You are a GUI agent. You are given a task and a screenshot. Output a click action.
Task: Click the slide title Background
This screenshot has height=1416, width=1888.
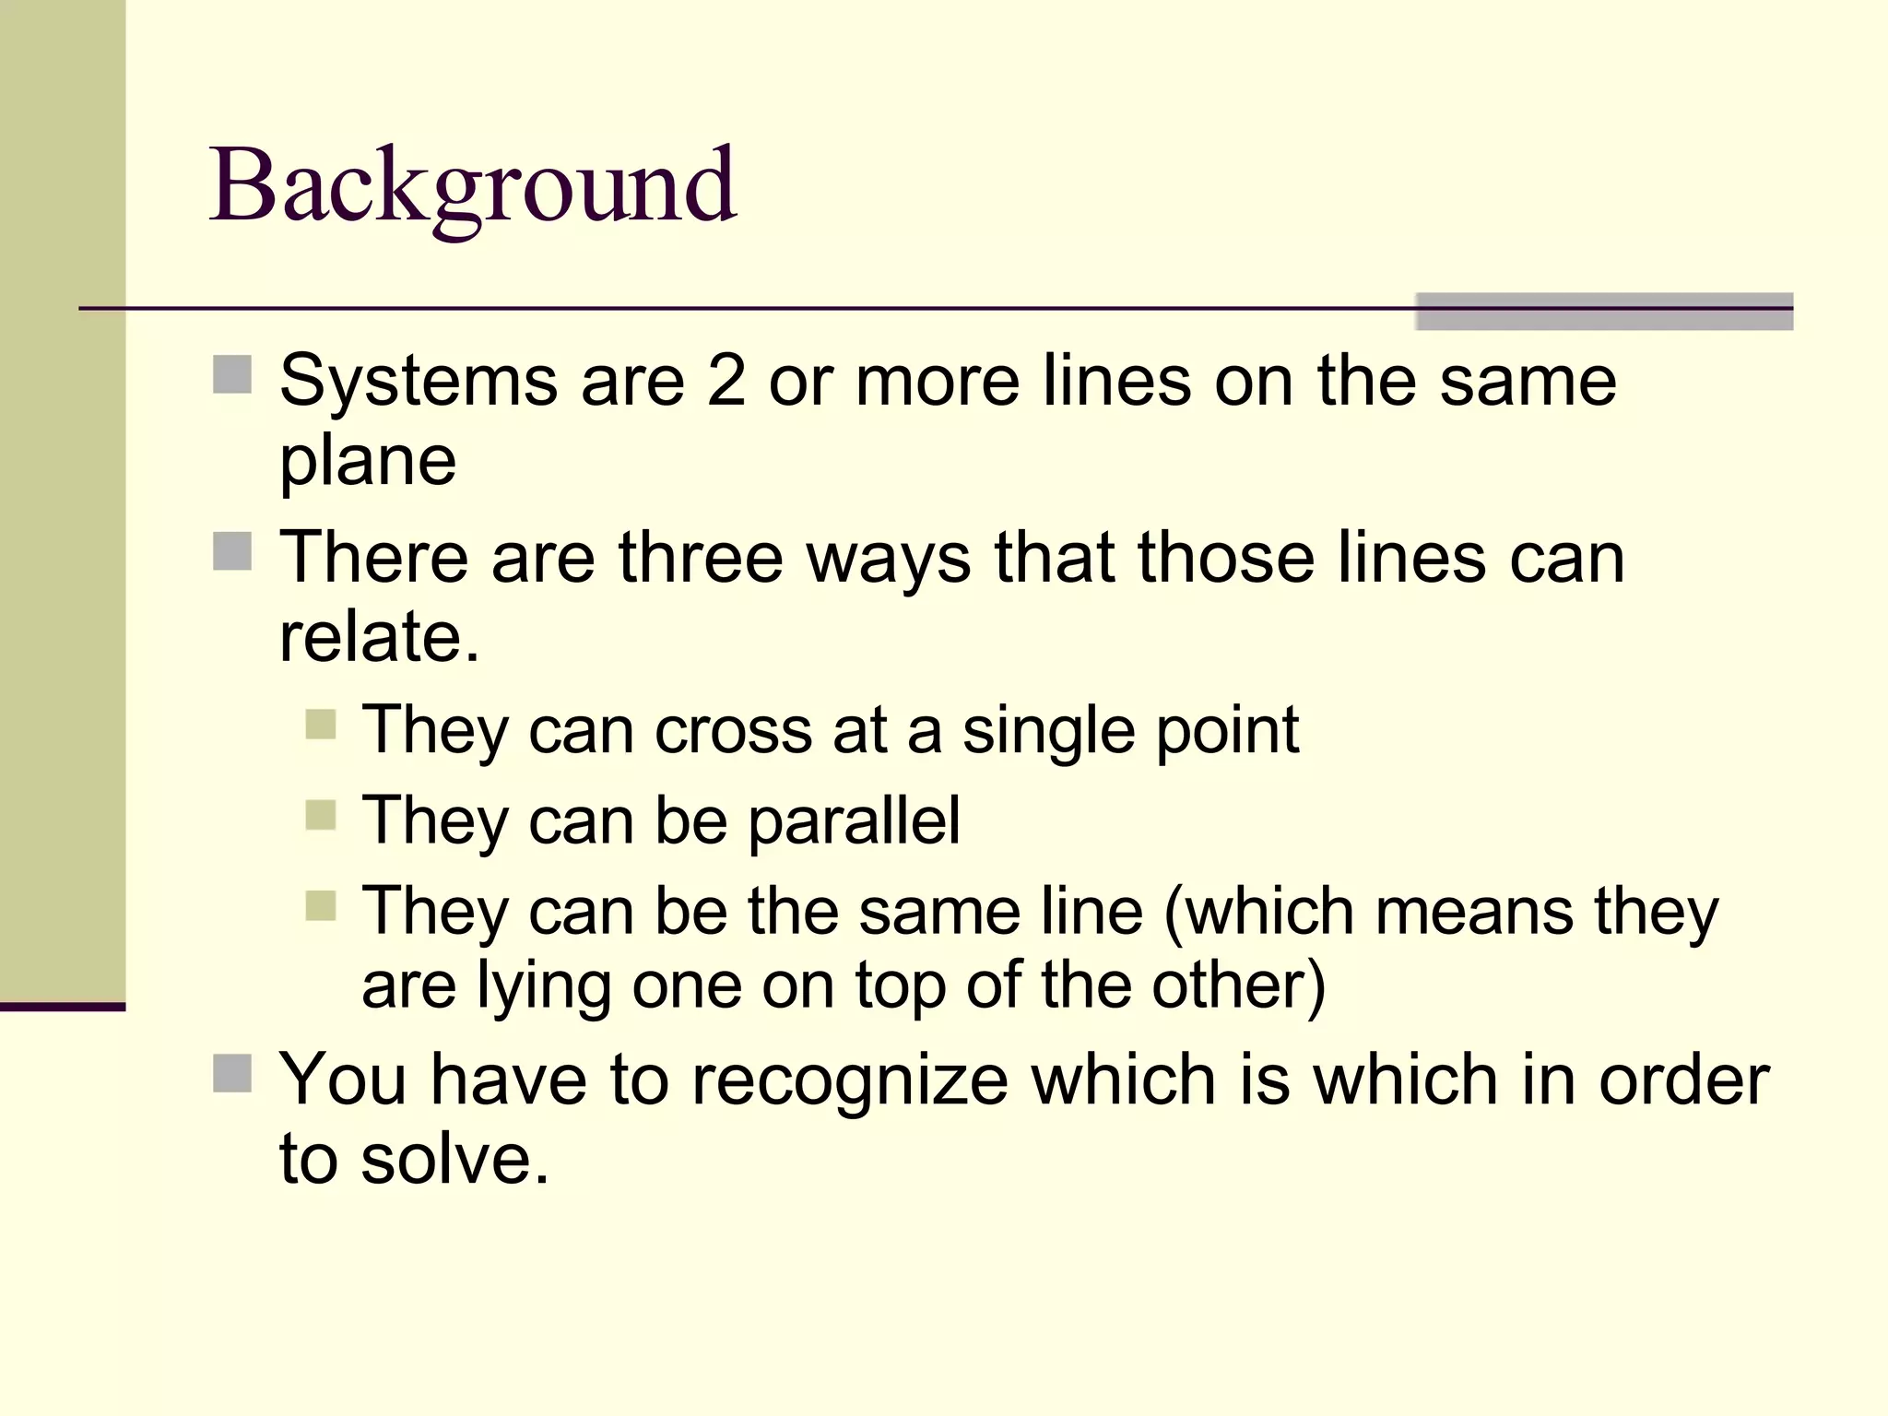[473, 186]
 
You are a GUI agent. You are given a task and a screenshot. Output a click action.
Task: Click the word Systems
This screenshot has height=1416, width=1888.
[419, 381]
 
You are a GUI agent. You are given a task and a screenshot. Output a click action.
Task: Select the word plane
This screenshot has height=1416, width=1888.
[368, 461]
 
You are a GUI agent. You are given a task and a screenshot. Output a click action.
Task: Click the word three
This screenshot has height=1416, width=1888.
[701, 558]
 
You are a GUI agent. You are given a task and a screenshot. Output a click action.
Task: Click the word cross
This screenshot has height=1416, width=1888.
[734, 730]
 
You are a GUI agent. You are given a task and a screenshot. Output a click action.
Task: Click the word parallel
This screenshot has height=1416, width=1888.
[855, 820]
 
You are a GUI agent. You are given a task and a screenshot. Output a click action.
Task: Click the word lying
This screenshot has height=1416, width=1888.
[543, 986]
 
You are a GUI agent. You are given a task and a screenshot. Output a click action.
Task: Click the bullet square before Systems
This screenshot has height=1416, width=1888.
[232, 375]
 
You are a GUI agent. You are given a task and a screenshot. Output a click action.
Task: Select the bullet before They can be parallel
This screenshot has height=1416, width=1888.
[320, 815]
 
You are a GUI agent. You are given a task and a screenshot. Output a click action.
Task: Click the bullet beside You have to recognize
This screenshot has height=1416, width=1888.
[232, 1073]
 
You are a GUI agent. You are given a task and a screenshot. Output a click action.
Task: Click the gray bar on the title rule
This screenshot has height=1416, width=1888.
[1604, 312]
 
